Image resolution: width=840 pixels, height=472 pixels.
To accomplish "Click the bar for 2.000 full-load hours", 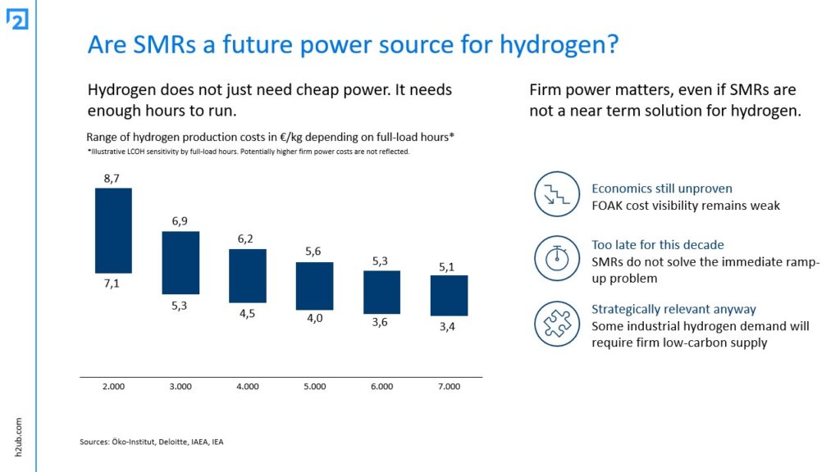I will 113,230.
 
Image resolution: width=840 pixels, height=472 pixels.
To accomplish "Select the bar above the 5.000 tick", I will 315,286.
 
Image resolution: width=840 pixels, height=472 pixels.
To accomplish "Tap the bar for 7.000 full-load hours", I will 449,295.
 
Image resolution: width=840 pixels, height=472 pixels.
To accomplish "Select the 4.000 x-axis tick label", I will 248,386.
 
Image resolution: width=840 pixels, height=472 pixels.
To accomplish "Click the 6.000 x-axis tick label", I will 381,386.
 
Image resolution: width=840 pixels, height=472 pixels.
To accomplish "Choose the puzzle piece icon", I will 557,324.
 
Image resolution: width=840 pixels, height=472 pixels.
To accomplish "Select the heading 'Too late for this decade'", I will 658,245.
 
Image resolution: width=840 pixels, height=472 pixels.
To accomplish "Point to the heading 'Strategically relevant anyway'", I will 673,309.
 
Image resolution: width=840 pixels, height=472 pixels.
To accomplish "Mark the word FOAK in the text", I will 608,205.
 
